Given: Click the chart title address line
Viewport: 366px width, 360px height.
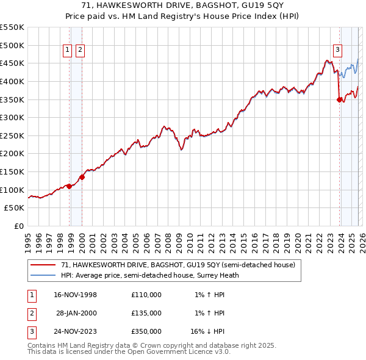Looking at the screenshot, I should [183, 5].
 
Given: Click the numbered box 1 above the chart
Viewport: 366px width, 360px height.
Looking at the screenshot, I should [68, 51].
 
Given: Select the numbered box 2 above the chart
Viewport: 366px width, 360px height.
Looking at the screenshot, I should [81, 51].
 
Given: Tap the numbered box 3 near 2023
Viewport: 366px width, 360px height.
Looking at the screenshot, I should [337, 51].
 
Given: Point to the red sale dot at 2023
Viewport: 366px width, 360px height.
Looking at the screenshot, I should [339, 100].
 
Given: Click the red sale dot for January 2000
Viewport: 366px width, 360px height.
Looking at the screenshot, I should [82, 177].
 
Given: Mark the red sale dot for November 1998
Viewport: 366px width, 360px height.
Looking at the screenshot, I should [70, 186].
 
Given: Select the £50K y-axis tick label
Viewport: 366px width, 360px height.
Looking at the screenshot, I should [15, 208].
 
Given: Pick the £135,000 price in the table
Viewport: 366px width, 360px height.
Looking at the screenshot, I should [146, 313].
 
